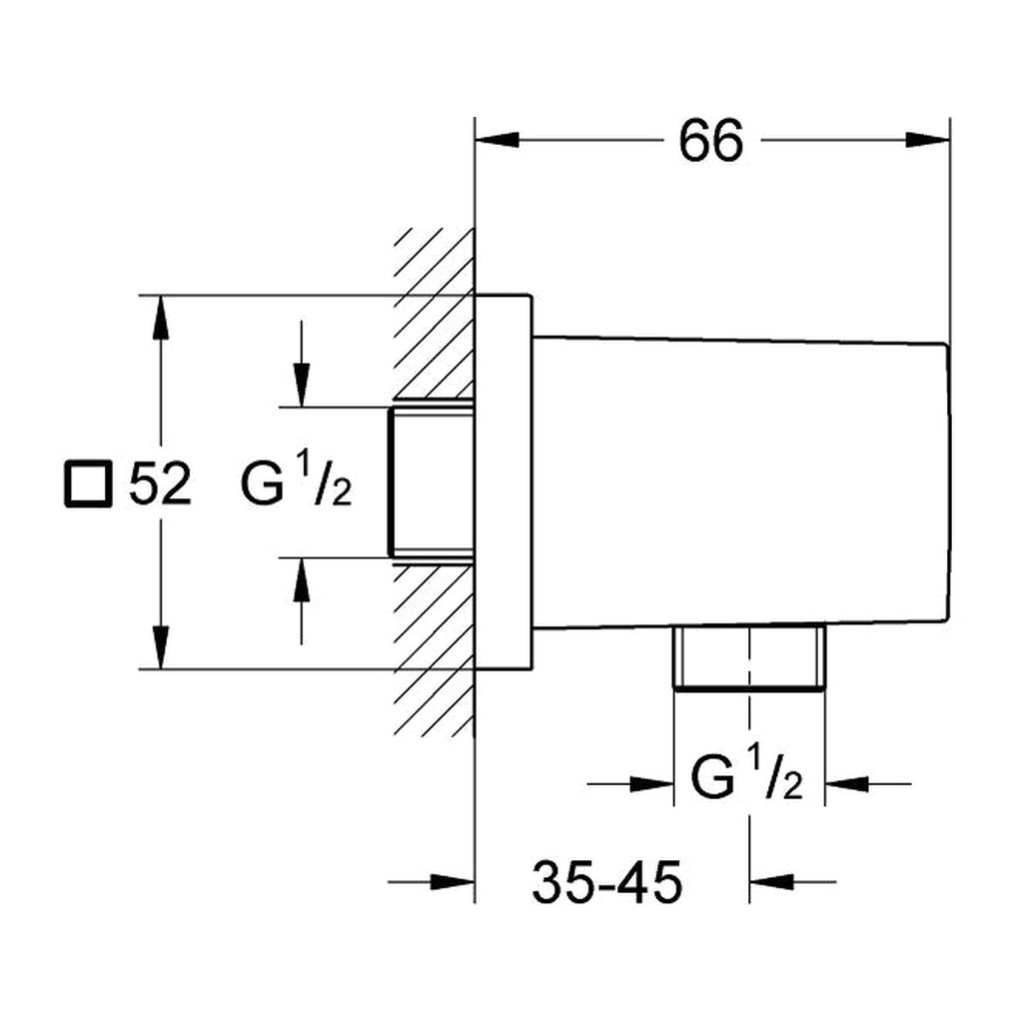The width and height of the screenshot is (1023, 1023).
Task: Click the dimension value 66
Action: (x=710, y=141)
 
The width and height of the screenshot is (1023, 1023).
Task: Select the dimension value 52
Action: (x=160, y=484)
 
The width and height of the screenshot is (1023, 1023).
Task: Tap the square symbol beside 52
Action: (x=88, y=484)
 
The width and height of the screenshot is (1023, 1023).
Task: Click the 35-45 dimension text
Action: (x=606, y=882)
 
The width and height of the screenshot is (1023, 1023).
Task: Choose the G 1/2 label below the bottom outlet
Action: (x=746, y=777)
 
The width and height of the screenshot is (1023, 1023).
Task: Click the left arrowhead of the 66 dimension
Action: (x=498, y=140)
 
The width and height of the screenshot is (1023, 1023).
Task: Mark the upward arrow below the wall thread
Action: (x=301, y=601)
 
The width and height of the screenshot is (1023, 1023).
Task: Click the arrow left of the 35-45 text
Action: (x=432, y=882)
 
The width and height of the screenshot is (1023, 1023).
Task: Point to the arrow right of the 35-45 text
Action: (x=792, y=882)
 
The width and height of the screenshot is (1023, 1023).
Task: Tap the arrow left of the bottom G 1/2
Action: (x=630, y=783)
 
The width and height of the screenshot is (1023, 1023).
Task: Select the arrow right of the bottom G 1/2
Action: (x=868, y=783)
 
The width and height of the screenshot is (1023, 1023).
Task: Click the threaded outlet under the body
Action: (x=749, y=656)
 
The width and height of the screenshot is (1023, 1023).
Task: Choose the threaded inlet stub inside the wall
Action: (x=431, y=483)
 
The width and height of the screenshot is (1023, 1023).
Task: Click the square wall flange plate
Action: (x=504, y=483)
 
